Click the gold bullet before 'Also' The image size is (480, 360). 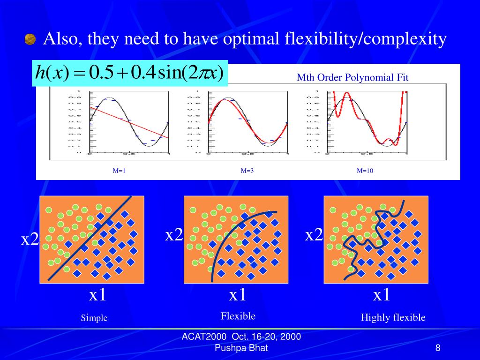click(x=30, y=40)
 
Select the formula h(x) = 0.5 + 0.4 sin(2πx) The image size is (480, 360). click(x=129, y=73)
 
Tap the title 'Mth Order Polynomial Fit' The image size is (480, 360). click(x=352, y=77)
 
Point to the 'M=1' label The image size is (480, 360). click(x=119, y=171)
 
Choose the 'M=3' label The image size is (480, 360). click(x=247, y=171)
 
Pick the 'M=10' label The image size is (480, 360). click(x=365, y=171)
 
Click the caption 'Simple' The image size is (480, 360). click(x=94, y=318)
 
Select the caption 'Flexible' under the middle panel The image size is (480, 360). click(x=238, y=316)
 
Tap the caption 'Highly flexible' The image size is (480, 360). click(x=393, y=318)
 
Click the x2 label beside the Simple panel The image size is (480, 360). click(x=30, y=240)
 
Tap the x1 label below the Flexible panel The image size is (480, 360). click(x=238, y=295)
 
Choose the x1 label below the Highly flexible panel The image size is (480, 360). click(x=382, y=295)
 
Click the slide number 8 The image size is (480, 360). click(x=437, y=348)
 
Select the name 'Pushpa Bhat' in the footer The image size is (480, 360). click(x=241, y=348)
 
